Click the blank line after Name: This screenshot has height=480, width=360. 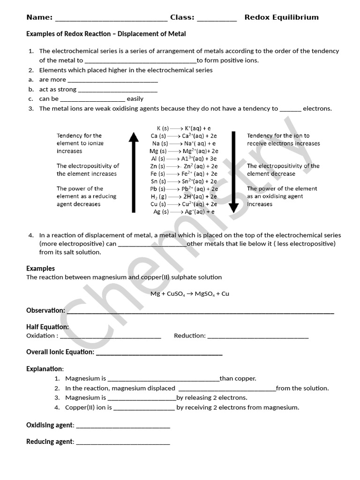111,18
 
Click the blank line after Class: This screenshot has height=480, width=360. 217,18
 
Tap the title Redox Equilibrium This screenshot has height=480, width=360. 281,17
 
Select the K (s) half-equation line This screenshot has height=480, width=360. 184,128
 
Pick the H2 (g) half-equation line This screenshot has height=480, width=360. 184,196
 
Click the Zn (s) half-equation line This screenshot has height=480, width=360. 184,166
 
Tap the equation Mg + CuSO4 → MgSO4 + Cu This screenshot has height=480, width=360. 189,294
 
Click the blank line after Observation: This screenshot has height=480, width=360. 201,311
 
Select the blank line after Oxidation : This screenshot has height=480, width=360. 111,336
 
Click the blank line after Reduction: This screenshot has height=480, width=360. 258,336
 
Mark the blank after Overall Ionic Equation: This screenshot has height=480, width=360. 159,353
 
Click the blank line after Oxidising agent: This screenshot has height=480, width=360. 123,426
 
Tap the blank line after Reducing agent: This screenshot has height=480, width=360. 123,442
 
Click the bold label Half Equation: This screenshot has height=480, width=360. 47,327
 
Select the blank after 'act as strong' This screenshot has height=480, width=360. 118,90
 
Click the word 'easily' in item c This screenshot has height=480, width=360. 135,99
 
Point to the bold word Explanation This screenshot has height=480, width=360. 45,369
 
